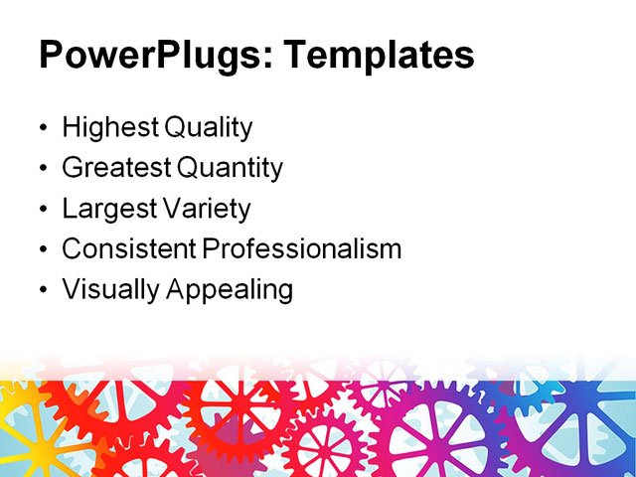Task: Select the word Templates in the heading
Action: tap(379, 56)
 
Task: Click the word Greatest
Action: tap(113, 168)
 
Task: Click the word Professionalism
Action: tap(302, 249)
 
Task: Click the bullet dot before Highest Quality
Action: tap(42, 129)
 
